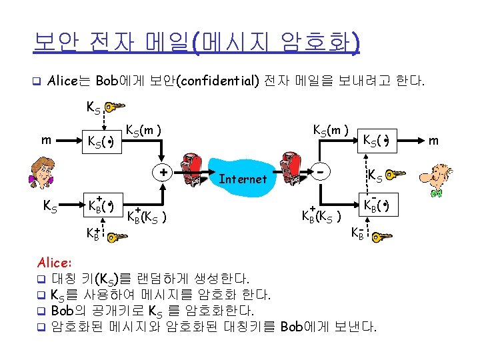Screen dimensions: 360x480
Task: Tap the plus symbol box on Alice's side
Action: tap(163, 172)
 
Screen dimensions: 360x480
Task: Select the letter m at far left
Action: tap(46, 141)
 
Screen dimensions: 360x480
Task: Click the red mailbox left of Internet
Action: tap(198, 171)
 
